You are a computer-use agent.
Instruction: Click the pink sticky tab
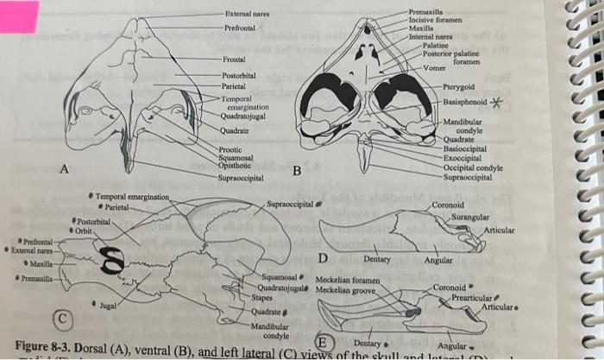point(19,15)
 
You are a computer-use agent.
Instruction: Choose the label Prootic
point(230,149)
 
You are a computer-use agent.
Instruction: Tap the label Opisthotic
point(235,165)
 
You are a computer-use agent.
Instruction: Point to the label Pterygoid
point(459,87)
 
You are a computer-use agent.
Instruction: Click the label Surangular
point(470,217)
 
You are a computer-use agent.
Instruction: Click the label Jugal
point(110,305)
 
